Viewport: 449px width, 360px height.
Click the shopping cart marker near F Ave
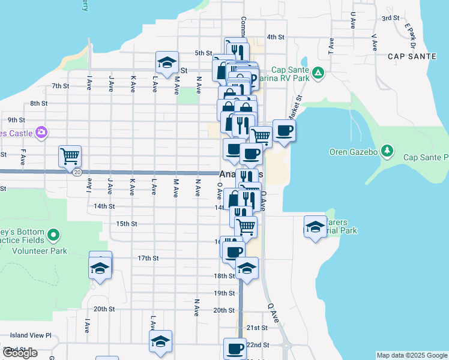(70, 156)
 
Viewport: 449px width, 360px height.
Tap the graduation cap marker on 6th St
(167, 62)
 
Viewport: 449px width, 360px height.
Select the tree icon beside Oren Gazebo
(388, 150)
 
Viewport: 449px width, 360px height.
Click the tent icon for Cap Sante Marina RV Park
(318, 73)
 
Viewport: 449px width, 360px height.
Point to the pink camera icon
(41, 131)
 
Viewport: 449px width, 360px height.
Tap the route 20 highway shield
(77, 172)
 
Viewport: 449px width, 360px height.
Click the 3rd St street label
(391, 18)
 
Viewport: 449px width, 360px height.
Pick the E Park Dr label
(411, 35)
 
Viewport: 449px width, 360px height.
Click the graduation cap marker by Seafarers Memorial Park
(315, 227)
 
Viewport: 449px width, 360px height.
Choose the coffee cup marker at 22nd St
(235, 348)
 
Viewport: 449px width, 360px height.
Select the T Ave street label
(331, 43)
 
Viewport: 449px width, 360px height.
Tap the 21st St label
(257, 328)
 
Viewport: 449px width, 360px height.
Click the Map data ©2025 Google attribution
(411, 355)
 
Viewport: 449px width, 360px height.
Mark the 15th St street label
(127, 224)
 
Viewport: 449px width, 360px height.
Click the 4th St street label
(275, 37)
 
